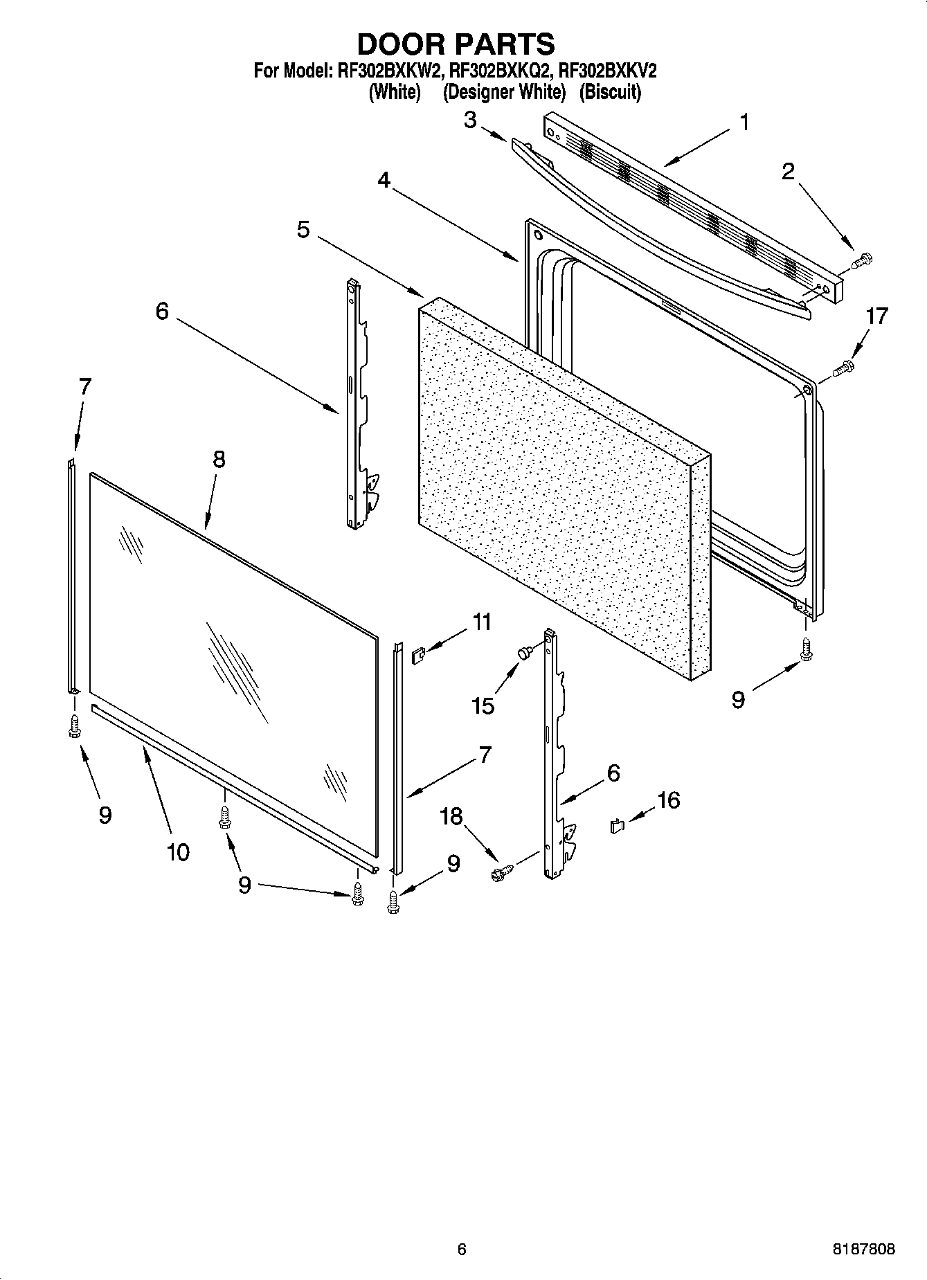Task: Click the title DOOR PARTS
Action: tap(456, 44)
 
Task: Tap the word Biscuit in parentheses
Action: tap(610, 92)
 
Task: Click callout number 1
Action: tap(744, 123)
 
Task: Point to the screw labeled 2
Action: tap(863, 261)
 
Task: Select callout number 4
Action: tap(384, 180)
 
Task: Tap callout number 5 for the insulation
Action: tap(303, 230)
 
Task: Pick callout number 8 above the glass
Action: tap(219, 459)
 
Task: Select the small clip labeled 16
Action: tap(617, 825)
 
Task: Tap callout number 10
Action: tap(178, 851)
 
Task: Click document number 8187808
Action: tap(863, 1250)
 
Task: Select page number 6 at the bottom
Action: tap(462, 1250)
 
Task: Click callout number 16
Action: tap(668, 800)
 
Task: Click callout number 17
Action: tap(876, 316)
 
